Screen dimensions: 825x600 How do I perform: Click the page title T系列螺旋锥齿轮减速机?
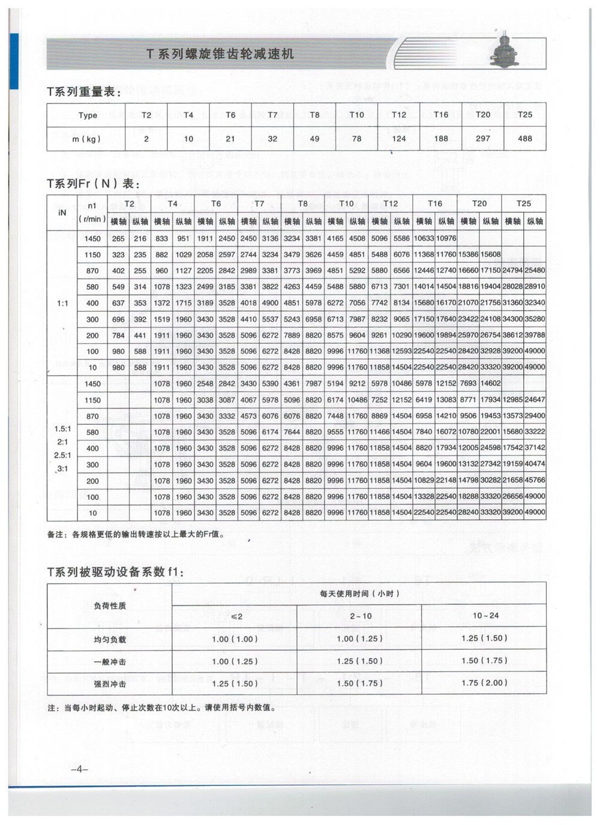[x=220, y=53]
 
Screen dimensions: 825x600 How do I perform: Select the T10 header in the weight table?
[x=356, y=115]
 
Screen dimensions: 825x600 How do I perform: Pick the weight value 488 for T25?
[x=524, y=138]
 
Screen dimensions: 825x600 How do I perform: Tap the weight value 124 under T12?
[x=398, y=139]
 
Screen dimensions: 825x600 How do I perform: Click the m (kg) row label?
[x=86, y=139]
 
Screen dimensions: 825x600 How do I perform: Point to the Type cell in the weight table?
[x=88, y=115]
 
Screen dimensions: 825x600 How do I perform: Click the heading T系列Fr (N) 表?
[x=93, y=184]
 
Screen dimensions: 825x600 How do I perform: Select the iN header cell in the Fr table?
[x=62, y=212]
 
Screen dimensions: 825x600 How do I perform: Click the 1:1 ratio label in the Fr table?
[x=62, y=303]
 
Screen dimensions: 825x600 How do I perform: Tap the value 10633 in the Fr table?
[x=424, y=238]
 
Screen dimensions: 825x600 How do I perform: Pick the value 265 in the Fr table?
[x=118, y=238]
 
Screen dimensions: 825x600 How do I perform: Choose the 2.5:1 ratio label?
[x=62, y=455]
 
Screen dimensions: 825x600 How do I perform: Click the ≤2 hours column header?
[x=235, y=616]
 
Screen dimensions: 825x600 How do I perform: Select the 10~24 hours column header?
[x=485, y=616]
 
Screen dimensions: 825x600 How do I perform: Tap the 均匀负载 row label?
[x=110, y=640]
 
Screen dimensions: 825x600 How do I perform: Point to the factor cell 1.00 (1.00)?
[x=235, y=639]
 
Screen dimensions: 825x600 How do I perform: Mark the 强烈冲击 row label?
[x=110, y=684]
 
